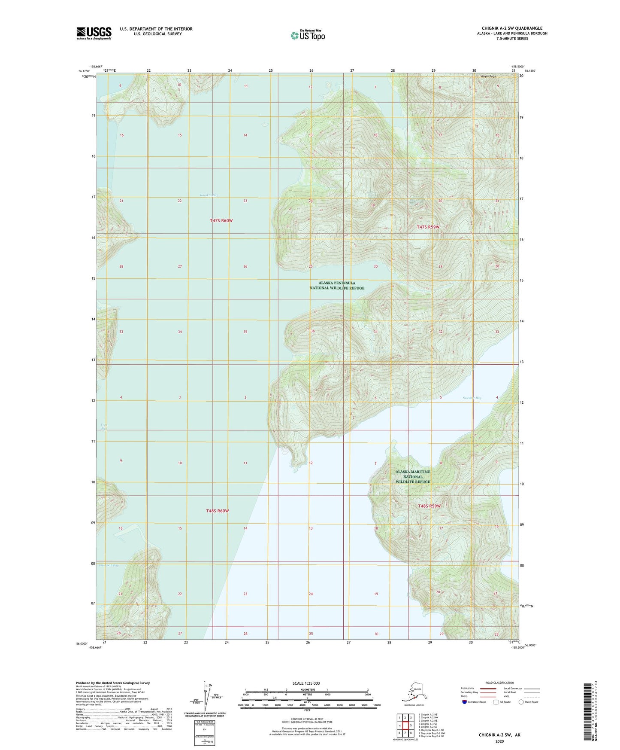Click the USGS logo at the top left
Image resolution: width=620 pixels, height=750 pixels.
pos(94,33)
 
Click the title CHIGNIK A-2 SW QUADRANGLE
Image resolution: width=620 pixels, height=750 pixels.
pos(512,28)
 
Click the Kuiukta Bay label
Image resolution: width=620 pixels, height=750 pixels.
pos(209,195)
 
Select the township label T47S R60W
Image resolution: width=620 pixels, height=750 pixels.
pos(221,220)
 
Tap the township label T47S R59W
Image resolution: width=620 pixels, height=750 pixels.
pos(428,227)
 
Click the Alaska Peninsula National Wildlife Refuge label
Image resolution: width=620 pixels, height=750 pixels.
pos(337,286)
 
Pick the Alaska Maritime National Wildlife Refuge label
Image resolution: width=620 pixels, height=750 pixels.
pos(412,476)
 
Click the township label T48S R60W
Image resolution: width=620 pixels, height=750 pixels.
pos(217,511)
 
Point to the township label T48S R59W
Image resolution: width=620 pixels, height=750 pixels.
pos(429,506)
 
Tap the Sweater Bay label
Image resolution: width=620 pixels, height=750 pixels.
pos(472,398)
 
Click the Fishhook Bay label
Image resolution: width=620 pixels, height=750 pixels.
pos(109,565)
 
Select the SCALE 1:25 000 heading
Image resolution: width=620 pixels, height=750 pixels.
pos(306,683)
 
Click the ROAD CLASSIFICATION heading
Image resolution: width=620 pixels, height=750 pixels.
pos(499,683)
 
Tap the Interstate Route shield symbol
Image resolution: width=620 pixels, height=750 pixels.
pos(464,702)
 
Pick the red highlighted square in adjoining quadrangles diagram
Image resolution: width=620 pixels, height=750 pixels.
pos(405,726)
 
